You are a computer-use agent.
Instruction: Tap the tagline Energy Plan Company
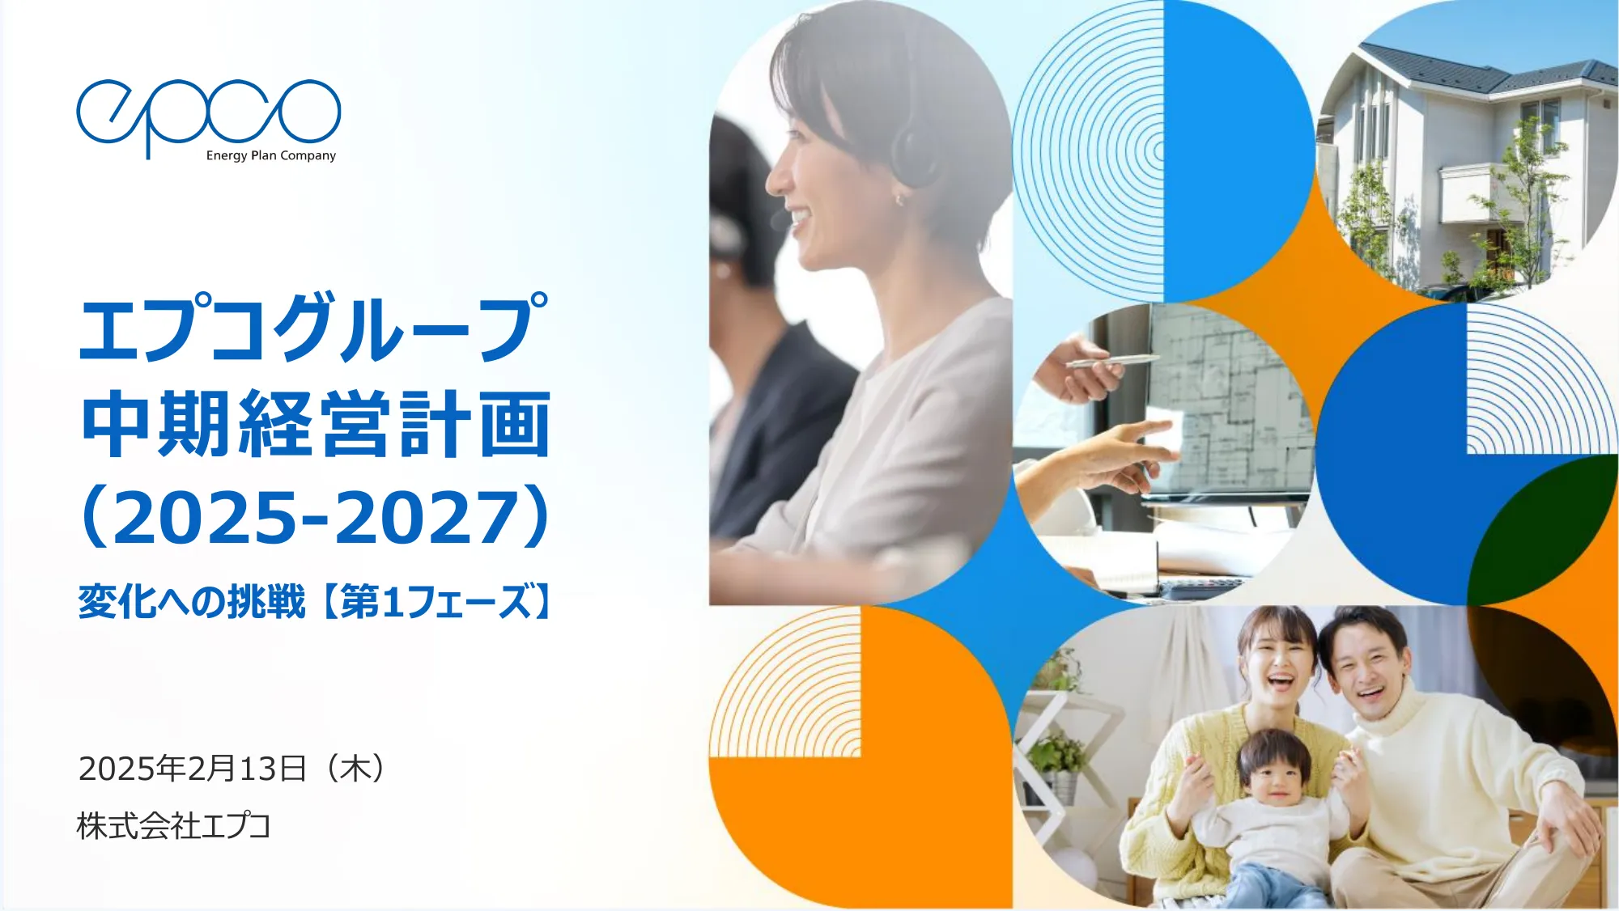point(270,155)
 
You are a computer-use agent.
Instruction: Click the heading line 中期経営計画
point(316,423)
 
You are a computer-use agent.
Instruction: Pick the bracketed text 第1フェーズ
point(437,602)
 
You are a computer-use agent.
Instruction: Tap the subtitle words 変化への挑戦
point(192,602)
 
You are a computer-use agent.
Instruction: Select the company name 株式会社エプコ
point(173,826)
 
